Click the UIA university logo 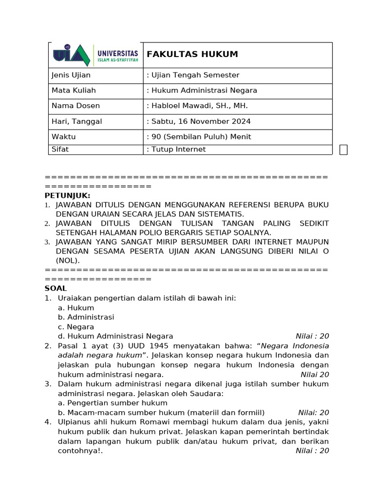click(95, 55)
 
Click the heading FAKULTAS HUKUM click(192, 54)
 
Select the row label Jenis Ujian click(71, 75)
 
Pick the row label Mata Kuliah click(74, 90)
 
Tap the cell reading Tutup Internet click(178, 150)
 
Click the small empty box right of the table click(343, 150)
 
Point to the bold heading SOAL click(56, 288)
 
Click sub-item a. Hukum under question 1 click(76, 308)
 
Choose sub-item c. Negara click(76, 327)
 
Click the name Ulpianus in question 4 click(75, 422)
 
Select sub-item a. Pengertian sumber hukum click(112, 403)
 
